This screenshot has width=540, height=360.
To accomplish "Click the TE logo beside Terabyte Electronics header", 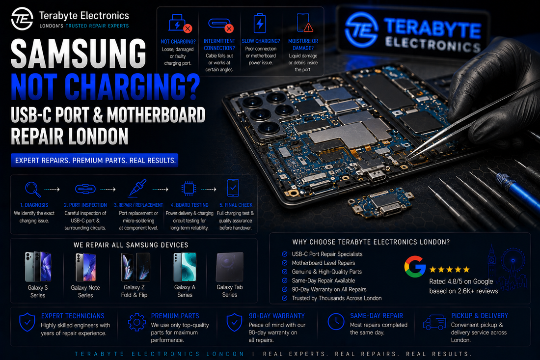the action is point(22,19).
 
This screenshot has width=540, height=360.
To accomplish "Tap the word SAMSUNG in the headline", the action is point(79,54).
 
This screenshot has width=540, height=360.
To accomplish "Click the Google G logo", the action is point(415,267).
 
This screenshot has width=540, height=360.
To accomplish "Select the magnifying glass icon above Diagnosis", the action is point(33,189).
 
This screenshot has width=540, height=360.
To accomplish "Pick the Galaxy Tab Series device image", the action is point(230,267).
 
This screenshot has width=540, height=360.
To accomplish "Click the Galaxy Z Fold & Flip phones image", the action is point(135,267).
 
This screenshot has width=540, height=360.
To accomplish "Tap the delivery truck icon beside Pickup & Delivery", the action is point(434,322).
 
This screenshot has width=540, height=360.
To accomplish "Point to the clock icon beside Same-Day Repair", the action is point(336,322).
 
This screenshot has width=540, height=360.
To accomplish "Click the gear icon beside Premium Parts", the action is point(137,322).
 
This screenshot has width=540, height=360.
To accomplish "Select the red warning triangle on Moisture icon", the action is point(308,27).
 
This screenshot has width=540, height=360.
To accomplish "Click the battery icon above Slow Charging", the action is point(260,23).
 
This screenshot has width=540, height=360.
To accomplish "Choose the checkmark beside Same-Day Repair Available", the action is point(284,280).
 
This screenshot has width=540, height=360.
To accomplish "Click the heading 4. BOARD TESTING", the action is point(189,205).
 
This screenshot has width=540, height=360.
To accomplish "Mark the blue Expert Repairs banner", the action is point(95,160).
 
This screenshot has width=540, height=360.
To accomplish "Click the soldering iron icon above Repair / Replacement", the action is point(138,188).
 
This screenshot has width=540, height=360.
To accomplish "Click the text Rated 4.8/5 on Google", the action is point(461,281).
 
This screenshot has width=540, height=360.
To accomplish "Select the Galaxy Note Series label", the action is point(85,291).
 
